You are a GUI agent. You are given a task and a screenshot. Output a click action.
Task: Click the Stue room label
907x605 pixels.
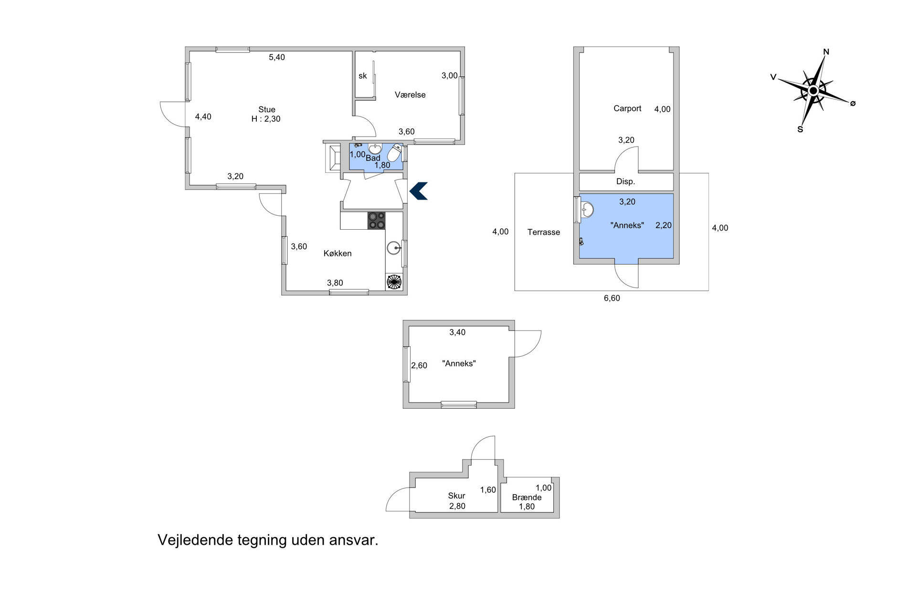(x=267, y=109)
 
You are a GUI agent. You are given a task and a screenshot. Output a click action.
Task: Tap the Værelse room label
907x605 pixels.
(x=410, y=95)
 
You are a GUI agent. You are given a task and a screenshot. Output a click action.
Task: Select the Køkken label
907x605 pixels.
(x=337, y=253)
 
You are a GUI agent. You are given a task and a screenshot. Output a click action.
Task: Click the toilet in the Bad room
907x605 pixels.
(x=394, y=153)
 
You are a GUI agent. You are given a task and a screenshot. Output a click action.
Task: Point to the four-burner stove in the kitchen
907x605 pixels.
(x=376, y=221)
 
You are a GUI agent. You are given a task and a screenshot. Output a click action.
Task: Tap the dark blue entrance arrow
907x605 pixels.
(x=419, y=191)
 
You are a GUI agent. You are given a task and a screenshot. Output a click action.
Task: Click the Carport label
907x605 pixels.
(x=627, y=108)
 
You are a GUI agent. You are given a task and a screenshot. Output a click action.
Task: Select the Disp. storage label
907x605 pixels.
(x=625, y=181)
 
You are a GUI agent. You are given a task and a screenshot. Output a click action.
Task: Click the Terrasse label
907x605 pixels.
(x=544, y=232)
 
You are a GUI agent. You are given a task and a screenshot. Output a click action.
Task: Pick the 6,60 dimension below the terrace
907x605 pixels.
(x=612, y=298)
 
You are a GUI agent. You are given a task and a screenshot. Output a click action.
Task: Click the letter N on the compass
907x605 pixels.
(x=826, y=52)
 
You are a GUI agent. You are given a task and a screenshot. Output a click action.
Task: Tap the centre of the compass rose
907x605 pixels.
(x=813, y=90)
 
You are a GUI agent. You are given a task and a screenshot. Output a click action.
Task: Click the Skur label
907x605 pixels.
(x=456, y=496)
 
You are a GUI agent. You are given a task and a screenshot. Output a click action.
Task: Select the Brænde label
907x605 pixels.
(x=527, y=497)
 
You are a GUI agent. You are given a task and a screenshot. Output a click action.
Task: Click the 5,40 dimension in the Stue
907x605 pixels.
(x=277, y=57)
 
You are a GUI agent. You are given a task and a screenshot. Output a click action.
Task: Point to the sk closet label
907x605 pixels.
(x=363, y=75)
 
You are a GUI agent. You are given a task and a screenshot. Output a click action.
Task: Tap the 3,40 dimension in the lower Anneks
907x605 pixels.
(x=457, y=332)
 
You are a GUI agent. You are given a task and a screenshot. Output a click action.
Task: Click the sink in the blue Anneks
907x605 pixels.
(x=587, y=209)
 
